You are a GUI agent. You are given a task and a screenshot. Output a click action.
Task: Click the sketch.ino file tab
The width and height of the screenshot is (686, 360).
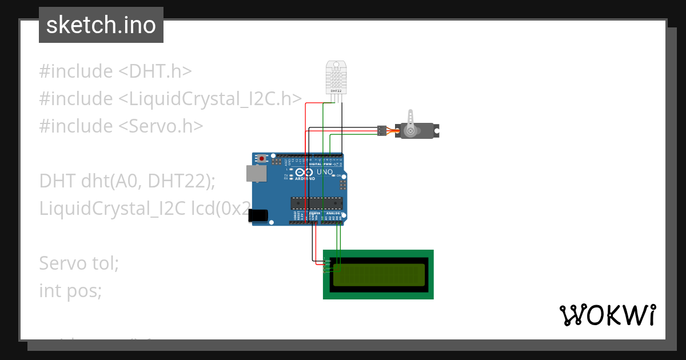101,25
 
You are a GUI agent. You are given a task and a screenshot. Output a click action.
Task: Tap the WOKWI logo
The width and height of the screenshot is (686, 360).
607,315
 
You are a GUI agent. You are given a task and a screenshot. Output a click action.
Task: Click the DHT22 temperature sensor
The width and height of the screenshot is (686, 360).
336,77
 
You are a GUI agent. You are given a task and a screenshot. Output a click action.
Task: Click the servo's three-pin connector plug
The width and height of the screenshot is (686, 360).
381,131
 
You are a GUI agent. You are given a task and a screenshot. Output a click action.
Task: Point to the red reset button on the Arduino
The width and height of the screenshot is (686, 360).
262,158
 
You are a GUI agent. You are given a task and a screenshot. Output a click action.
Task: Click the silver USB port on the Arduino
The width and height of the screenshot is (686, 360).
256,174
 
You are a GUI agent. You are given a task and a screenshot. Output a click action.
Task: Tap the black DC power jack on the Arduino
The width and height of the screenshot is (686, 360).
259,215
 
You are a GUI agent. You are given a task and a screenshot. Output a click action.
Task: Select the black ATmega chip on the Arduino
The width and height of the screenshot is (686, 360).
317,203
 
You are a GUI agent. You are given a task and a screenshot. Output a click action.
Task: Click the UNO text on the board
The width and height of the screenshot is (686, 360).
325,171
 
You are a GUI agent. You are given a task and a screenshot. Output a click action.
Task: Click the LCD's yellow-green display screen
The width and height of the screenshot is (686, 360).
379,275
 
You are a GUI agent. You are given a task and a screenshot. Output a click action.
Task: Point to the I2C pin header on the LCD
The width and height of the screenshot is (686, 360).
327,266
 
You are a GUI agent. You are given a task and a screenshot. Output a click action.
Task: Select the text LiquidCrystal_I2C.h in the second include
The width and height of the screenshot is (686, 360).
210,99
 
